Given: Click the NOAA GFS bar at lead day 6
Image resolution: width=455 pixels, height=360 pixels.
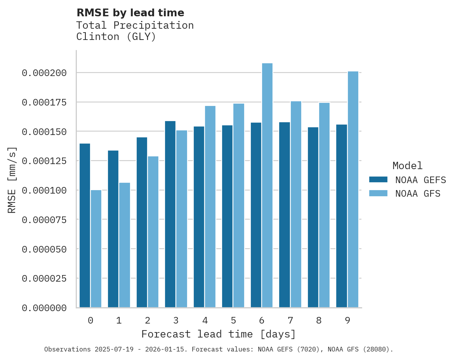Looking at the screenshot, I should [267, 185].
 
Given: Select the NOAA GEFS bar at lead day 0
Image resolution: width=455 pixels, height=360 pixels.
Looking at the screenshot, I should [85, 225].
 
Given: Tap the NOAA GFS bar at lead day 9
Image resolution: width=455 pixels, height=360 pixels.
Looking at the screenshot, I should [353, 189].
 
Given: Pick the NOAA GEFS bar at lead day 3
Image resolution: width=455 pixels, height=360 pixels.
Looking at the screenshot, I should [170, 214].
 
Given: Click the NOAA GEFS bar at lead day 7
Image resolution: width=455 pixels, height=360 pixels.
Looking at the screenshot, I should [285, 215].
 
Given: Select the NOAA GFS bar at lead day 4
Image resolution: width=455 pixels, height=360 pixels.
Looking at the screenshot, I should [210, 206].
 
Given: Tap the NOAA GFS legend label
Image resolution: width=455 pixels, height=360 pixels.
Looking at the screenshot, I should [418, 194].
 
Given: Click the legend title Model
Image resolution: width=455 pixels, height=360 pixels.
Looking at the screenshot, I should [407, 166].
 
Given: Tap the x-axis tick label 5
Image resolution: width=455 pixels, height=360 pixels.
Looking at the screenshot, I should [233, 320].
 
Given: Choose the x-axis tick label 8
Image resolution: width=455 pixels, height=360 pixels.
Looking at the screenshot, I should [319, 320].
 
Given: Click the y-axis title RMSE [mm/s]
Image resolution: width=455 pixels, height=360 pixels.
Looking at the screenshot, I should [12, 180].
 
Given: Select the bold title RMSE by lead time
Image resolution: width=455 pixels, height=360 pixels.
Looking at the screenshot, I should [130, 13].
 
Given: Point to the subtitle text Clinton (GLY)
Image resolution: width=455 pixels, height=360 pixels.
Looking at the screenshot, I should [116, 37].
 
